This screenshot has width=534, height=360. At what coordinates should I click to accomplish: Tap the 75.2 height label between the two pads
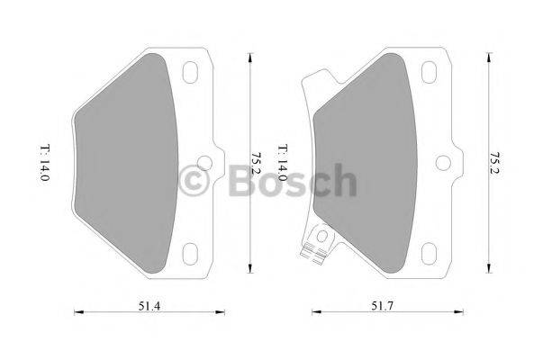(x=255, y=162)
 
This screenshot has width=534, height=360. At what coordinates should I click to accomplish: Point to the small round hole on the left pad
(x=205, y=164)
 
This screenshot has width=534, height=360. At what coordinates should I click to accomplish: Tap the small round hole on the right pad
(x=444, y=164)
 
